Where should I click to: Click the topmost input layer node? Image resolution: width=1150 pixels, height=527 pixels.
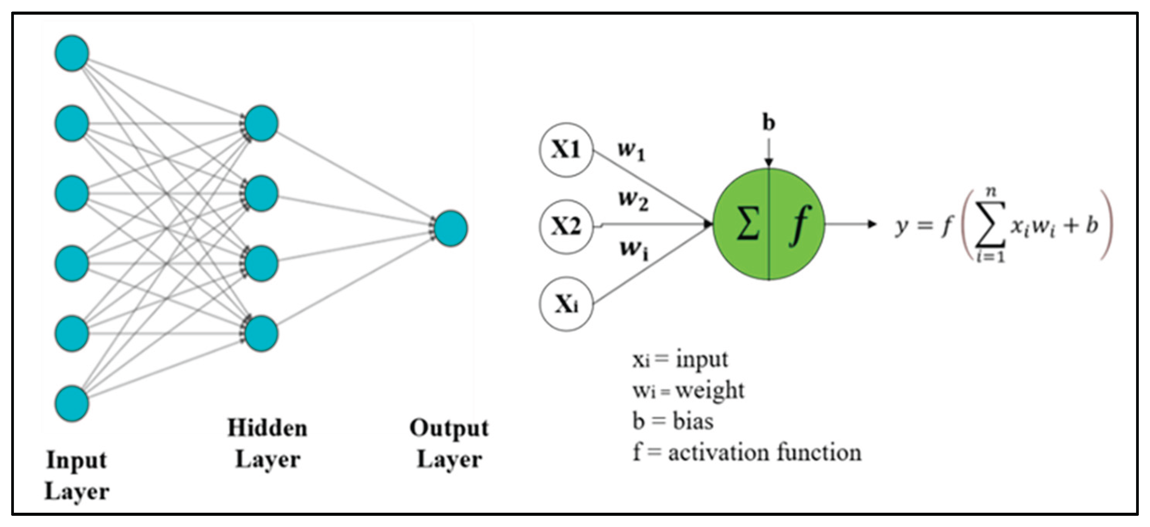coord(72,53)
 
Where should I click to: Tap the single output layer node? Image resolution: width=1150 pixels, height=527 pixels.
coord(451,228)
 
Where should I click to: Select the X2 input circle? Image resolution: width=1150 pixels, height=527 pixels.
coord(566,226)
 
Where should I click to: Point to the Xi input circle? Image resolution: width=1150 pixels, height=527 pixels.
coord(566,304)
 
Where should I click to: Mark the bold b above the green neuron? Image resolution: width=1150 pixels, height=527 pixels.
coord(768,123)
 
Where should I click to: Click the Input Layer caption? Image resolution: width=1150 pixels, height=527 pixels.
coord(77,476)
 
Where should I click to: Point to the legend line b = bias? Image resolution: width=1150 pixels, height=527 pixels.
coord(673,421)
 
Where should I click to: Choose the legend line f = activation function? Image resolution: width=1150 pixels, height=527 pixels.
coord(747,453)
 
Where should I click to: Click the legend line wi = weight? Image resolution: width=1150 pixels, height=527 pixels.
coord(688,390)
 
